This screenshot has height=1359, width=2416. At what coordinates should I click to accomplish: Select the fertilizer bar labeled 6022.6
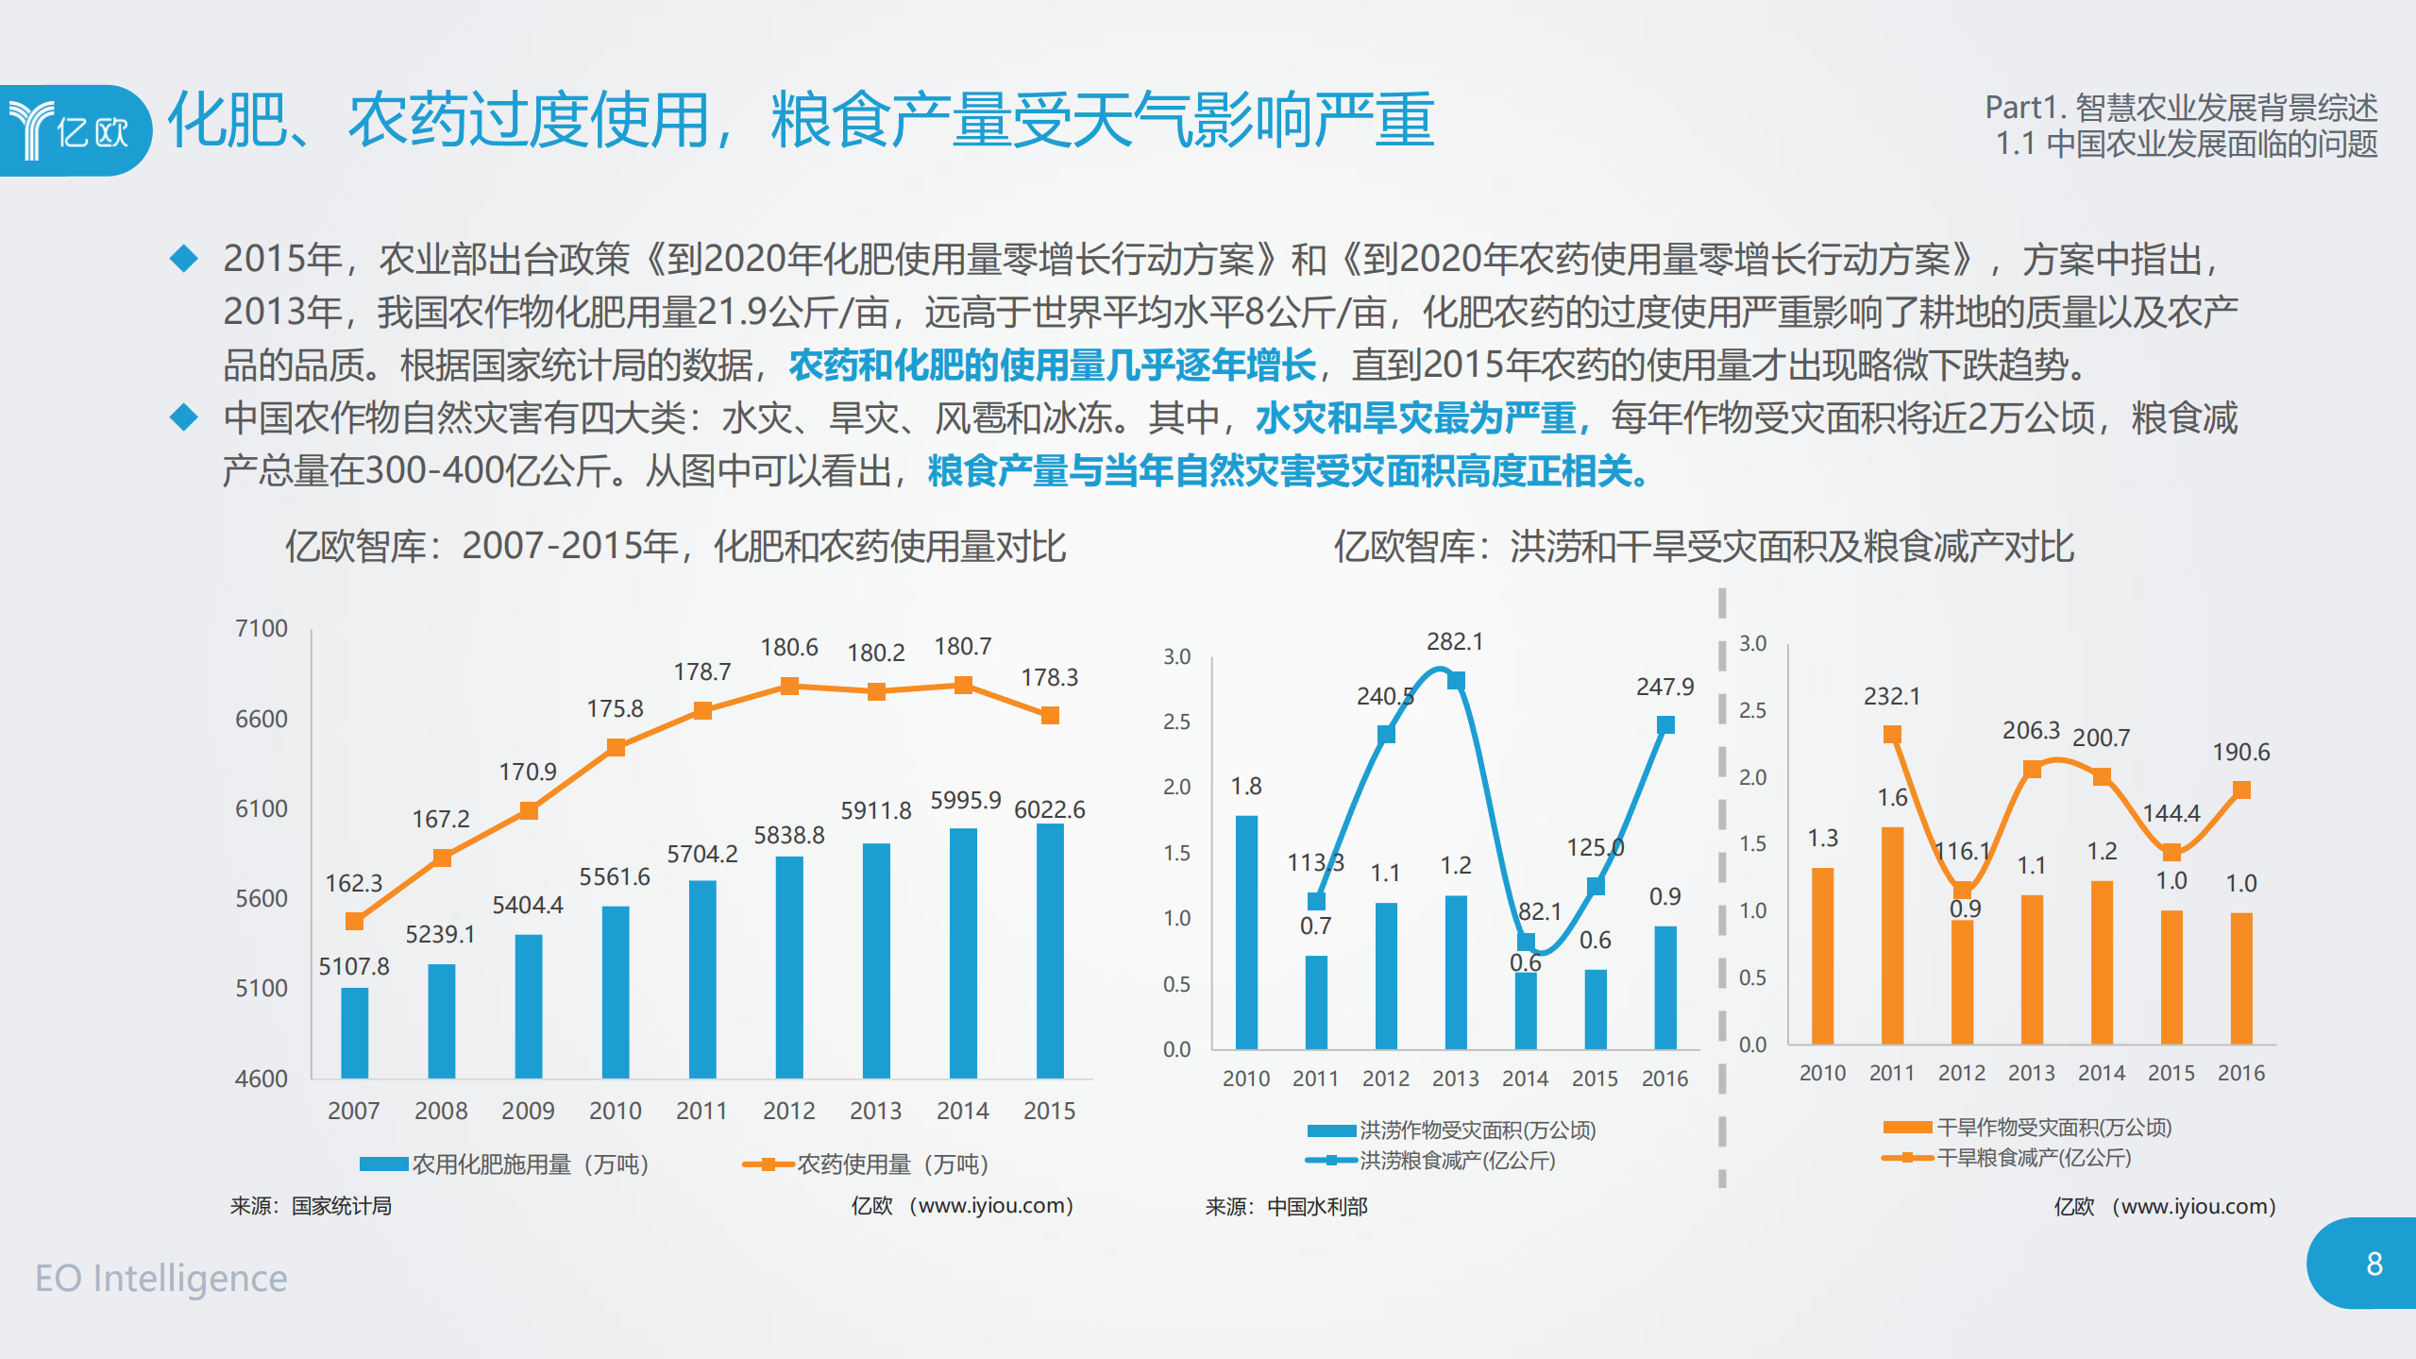(x=1049, y=950)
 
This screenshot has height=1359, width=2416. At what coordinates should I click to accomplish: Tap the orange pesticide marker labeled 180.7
(x=962, y=685)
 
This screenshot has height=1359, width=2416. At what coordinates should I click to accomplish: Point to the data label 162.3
(x=353, y=883)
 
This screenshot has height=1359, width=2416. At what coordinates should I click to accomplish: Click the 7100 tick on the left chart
(x=261, y=629)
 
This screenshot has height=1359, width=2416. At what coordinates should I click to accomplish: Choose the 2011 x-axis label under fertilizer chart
(x=701, y=1111)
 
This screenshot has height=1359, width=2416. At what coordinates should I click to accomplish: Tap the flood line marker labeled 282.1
(x=1455, y=680)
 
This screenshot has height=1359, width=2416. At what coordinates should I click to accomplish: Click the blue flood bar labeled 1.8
(x=1245, y=931)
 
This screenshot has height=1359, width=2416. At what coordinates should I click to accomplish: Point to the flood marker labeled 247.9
(x=1664, y=724)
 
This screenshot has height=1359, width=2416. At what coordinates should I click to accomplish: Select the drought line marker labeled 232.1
(x=1891, y=734)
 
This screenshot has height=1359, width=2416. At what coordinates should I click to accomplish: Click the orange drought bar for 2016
(x=2240, y=977)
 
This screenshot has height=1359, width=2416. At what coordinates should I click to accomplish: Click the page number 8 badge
(x=2373, y=1264)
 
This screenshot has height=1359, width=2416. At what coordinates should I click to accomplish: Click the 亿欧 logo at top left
(x=74, y=130)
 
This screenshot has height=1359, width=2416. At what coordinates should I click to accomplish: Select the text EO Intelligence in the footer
(x=161, y=1278)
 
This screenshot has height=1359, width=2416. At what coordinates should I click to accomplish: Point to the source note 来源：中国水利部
(x=1285, y=1206)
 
